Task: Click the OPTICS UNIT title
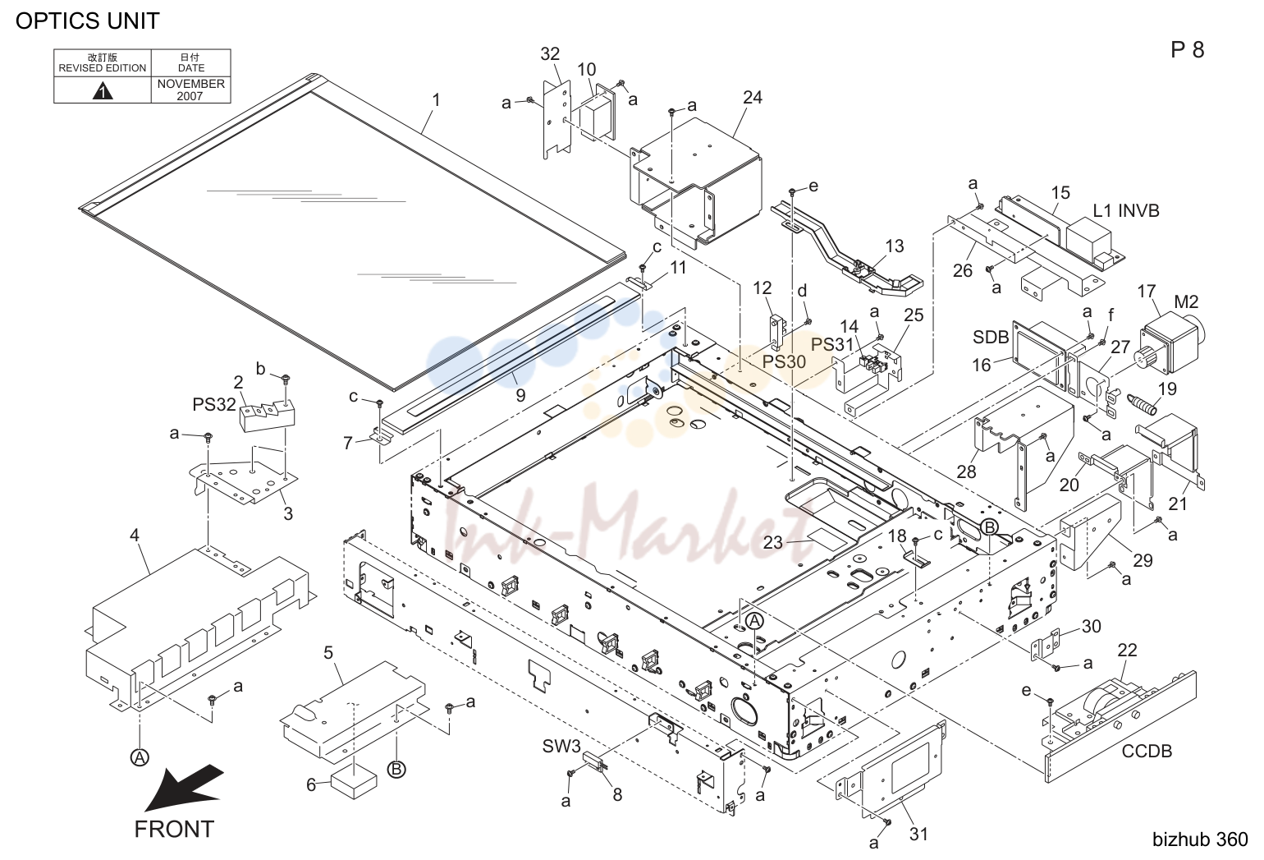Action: pos(88,21)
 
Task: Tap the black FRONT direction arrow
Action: pos(183,787)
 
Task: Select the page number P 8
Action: pos(1187,50)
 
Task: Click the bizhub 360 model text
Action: pos(1200,839)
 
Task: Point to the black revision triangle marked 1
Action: pos(102,90)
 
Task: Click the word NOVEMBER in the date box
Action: pos(190,84)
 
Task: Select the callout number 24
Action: pos(752,97)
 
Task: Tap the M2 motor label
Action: pos(1185,301)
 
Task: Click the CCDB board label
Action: pos(1147,751)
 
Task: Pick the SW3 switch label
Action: pos(561,747)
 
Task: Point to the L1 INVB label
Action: pos(1126,210)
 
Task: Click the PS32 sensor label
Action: pos(214,404)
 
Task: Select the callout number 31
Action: pos(918,834)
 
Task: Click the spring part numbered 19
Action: pos(1141,404)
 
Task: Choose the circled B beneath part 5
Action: pos(396,769)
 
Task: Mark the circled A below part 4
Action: pos(140,757)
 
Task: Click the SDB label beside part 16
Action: pos(991,337)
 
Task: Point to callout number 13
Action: pos(895,246)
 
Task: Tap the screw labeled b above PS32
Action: pos(286,377)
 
